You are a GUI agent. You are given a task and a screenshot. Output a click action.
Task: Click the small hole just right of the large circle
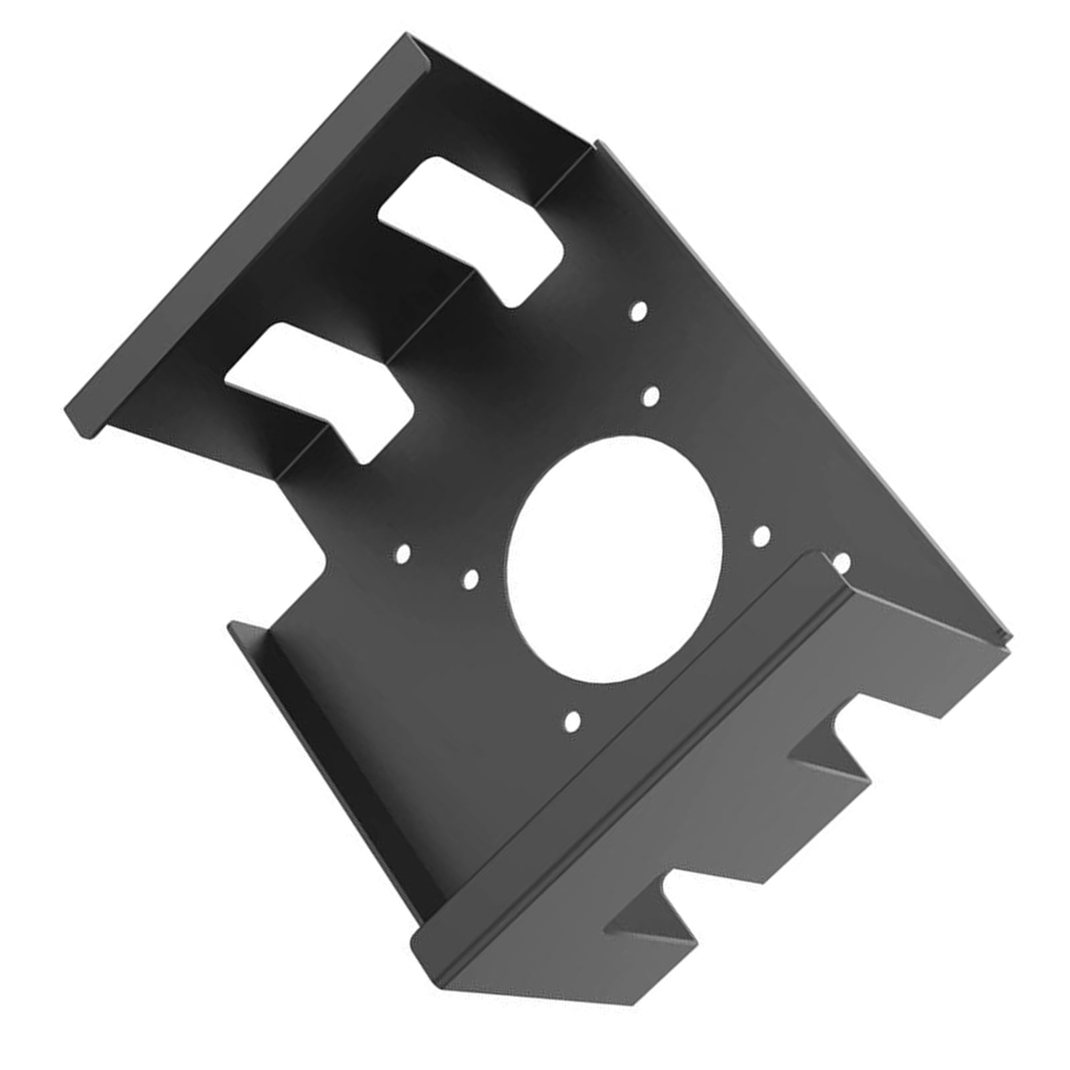click(762, 535)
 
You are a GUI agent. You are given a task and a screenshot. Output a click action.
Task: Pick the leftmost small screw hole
click(403, 553)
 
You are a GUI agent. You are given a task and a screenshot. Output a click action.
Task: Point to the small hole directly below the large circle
click(572, 721)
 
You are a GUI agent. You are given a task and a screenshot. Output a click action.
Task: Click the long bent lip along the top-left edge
click(247, 234)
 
